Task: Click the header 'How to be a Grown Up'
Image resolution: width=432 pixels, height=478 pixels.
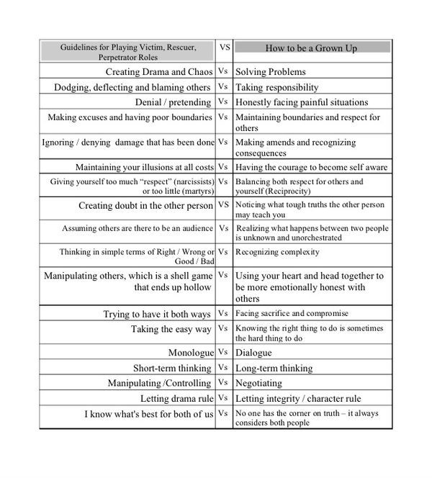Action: [312, 48]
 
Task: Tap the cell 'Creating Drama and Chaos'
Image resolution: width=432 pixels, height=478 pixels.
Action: [159, 72]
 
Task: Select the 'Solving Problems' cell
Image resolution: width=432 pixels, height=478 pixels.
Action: [271, 72]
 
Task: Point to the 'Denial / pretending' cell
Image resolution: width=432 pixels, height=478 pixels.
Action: [174, 102]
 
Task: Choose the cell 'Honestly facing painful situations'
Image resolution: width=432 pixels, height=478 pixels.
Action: [302, 102]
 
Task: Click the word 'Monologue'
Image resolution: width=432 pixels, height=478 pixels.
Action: [191, 353]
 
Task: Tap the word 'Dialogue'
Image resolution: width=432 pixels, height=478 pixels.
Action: [253, 353]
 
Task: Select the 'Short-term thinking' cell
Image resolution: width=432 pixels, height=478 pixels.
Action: [172, 368]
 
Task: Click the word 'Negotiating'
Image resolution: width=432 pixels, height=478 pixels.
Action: [259, 383]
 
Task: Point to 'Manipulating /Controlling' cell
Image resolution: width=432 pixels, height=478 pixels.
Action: [160, 383]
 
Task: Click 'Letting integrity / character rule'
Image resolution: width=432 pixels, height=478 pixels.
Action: [298, 398]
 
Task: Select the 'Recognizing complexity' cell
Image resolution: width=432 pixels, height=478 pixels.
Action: [278, 252]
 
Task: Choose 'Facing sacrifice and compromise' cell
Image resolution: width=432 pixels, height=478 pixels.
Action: [292, 314]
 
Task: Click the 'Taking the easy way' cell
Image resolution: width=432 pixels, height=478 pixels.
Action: [171, 329]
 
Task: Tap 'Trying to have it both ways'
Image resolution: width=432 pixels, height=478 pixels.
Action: [157, 314]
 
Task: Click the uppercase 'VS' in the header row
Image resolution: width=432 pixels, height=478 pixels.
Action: [225, 47]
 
